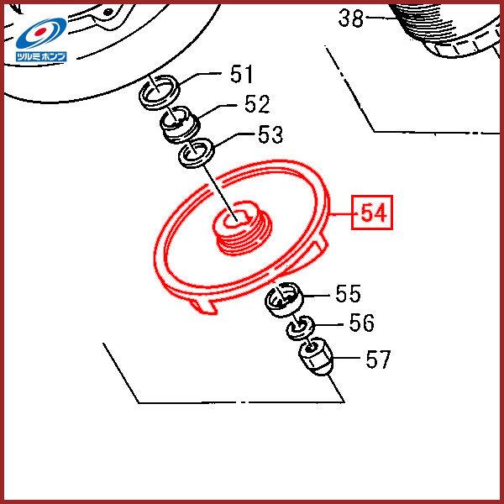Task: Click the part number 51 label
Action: tap(241, 74)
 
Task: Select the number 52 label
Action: tap(256, 104)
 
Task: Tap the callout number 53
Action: tap(270, 134)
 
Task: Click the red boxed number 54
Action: tap(372, 213)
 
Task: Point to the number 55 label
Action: tap(348, 293)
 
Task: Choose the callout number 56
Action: tap(361, 323)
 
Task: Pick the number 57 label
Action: tap(378, 360)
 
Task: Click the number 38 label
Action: tap(351, 18)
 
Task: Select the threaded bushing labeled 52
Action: tap(181, 124)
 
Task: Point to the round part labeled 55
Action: tap(284, 299)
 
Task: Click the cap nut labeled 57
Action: tap(316, 360)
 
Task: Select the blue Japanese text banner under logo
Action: tap(41, 56)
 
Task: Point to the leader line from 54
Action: tap(341, 214)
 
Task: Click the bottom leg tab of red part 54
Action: tap(203, 306)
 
